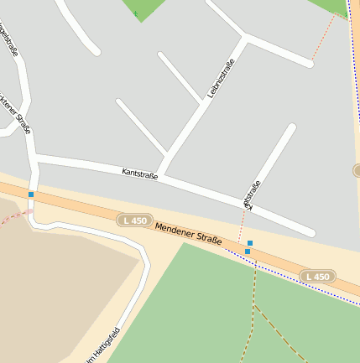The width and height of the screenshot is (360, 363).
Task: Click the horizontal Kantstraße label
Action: click(x=139, y=174)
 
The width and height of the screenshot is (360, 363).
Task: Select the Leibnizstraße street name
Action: click(x=221, y=79)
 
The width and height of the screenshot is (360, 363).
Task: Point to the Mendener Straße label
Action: click(x=189, y=233)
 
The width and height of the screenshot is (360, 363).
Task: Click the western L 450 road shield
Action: click(x=133, y=220)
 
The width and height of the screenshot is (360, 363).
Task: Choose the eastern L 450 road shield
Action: click(x=319, y=276)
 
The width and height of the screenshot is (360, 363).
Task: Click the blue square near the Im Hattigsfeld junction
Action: click(x=31, y=194)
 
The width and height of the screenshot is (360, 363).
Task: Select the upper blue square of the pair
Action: click(x=250, y=243)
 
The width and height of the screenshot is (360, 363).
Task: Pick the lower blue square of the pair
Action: click(x=248, y=252)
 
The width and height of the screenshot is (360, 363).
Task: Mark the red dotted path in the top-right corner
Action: click(x=325, y=37)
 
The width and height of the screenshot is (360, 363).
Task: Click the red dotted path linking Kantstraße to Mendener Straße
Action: click(x=243, y=222)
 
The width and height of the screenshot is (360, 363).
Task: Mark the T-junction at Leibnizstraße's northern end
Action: click(x=246, y=37)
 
